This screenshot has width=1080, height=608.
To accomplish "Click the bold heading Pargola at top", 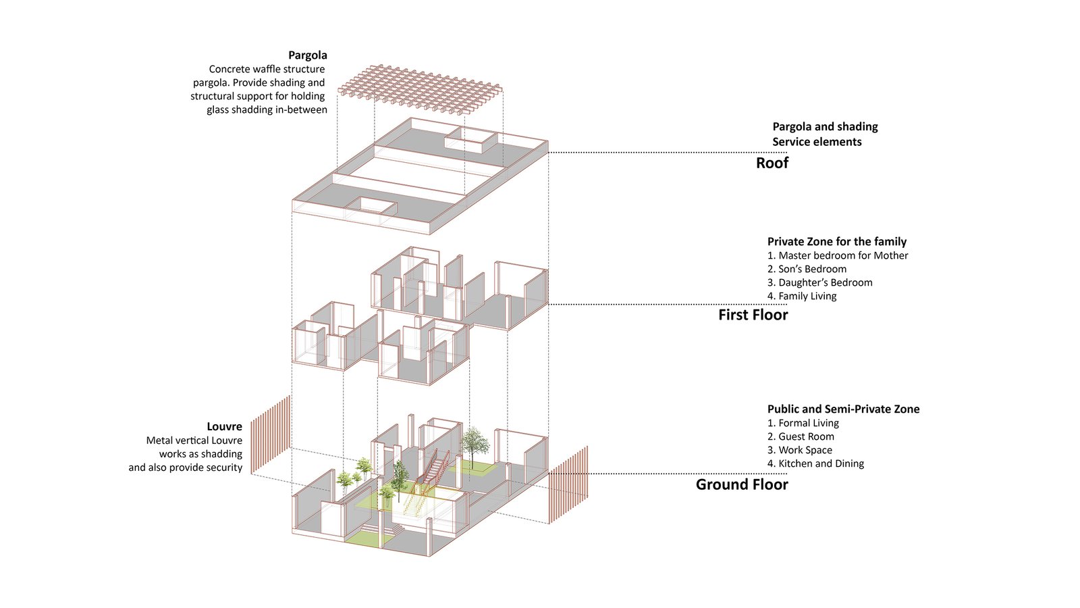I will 307,55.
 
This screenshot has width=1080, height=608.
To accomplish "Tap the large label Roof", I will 772,163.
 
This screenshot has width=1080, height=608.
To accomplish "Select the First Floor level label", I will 753,315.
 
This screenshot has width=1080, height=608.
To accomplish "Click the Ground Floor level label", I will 742,484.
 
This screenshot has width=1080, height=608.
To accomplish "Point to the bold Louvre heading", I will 224,427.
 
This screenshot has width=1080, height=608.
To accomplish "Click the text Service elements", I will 817,142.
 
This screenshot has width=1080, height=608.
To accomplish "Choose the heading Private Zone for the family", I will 836,242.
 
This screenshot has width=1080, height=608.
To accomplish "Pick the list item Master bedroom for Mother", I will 838,255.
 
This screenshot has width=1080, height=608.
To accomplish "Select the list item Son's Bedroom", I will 807,269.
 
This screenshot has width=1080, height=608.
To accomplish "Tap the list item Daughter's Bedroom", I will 819,282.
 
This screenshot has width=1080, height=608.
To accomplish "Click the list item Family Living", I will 802,296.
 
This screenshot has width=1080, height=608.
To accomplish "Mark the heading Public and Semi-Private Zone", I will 843,409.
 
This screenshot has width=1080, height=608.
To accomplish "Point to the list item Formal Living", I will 803,423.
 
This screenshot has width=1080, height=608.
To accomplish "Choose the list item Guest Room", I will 801,436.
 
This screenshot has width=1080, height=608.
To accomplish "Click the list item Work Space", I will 800,450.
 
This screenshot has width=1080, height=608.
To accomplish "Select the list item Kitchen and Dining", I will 815,463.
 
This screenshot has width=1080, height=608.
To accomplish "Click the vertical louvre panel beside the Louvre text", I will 271,434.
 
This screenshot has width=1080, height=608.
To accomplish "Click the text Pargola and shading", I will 825,127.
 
